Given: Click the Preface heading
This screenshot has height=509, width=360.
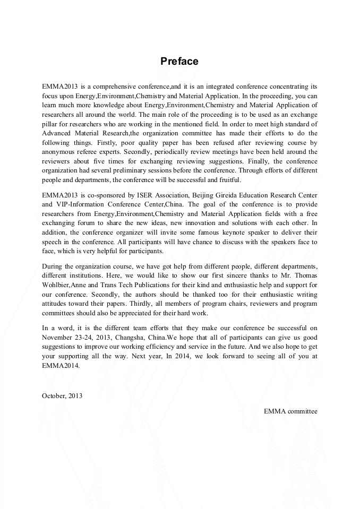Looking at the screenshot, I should (179, 62).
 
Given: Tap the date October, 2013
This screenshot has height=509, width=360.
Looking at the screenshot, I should (62, 395).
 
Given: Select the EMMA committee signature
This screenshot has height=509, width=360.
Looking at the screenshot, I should (290, 411).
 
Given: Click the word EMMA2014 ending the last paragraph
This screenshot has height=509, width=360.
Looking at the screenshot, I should (61, 365).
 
